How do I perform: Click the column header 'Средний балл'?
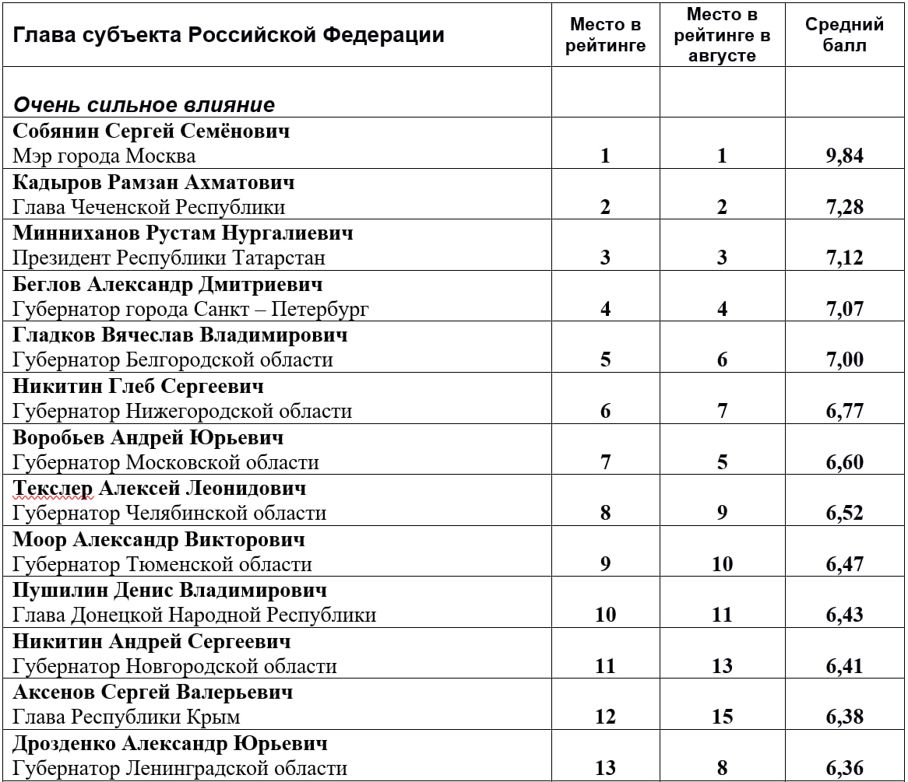pyautogui.click(x=844, y=35)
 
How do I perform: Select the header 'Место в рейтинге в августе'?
pyautogui.click(x=722, y=35)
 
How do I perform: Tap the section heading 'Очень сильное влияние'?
pyautogui.click(x=144, y=105)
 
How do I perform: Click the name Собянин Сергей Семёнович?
pyautogui.click(x=151, y=131)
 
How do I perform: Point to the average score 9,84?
pyautogui.click(x=845, y=156)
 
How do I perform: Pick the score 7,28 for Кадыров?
pyautogui.click(x=845, y=207)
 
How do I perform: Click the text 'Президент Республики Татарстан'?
pyautogui.click(x=169, y=258)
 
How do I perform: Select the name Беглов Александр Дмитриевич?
pyautogui.click(x=167, y=284)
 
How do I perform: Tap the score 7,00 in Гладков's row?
pyautogui.click(x=845, y=360)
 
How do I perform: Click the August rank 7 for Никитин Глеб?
pyautogui.click(x=722, y=411)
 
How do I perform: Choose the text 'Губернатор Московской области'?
pyautogui.click(x=166, y=462)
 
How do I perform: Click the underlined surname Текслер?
pyautogui.click(x=53, y=488)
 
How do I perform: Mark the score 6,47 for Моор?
pyautogui.click(x=845, y=564)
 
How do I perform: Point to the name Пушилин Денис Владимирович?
pyautogui.click(x=170, y=590)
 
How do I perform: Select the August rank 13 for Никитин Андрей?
pyautogui.click(x=722, y=666)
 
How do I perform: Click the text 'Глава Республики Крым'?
pyautogui.click(x=126, y=717)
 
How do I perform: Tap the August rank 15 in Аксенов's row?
pyautogui.click(x=722, y=717)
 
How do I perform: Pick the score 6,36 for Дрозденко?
pyautogui.click(x=845, y=768)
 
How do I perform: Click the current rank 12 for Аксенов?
pyautogui.click(x=605, y=717)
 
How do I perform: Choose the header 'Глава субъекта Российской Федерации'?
pyautogui.click(x=229, y=35)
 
